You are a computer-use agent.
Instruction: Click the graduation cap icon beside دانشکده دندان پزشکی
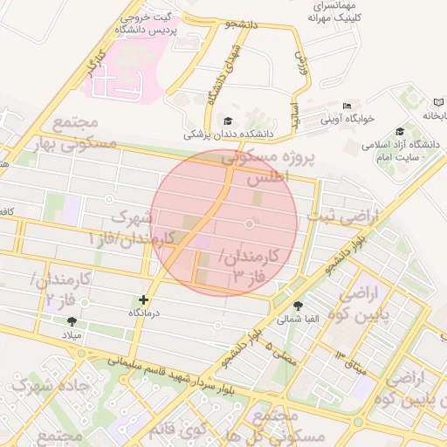click(x=228, y=120)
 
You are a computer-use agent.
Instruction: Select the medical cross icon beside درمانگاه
click(x=144, y=299)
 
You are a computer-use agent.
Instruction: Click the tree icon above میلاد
click(x=85, y=321)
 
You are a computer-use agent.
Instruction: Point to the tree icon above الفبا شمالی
click(x=299, y=306)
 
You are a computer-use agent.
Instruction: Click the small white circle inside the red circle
click(x=249, y=224)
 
